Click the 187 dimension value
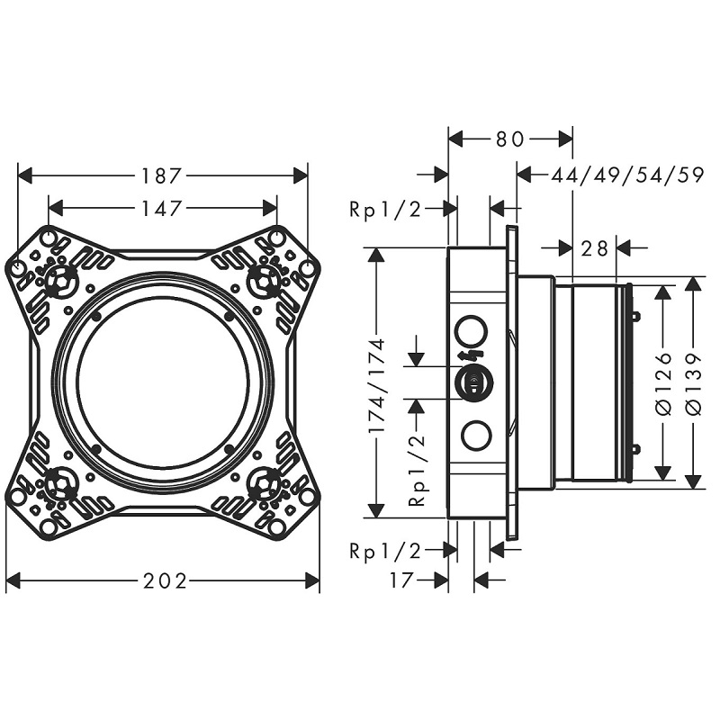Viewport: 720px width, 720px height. (162, 175)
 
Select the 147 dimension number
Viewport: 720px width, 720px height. (162, 209)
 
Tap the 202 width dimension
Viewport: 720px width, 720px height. (165, 580)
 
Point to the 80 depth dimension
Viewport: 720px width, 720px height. (509, 139)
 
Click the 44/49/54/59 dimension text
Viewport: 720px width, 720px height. (627, 175)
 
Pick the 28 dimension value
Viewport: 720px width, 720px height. (594, 248)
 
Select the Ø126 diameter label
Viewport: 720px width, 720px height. (663, 384)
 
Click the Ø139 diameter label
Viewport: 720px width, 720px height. (694, 384)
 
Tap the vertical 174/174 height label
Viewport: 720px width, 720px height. (377, 385)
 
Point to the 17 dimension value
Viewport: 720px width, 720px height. (402, 580)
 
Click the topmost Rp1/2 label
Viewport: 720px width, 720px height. (385, 210)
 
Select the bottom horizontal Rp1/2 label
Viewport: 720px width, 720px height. (385, 551)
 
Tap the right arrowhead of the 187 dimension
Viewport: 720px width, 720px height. (301, 175)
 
